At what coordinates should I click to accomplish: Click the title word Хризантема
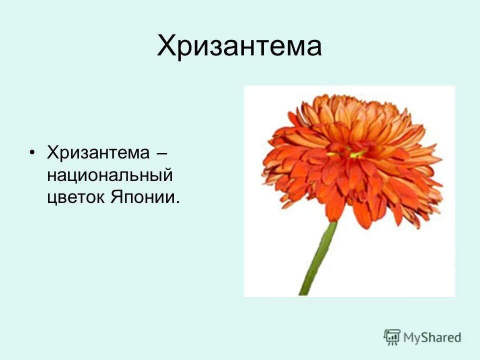point(239,46)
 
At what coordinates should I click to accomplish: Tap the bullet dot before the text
point(33,152)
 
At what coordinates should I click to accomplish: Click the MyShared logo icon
point(392,337)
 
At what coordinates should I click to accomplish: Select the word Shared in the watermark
point(440,338)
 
